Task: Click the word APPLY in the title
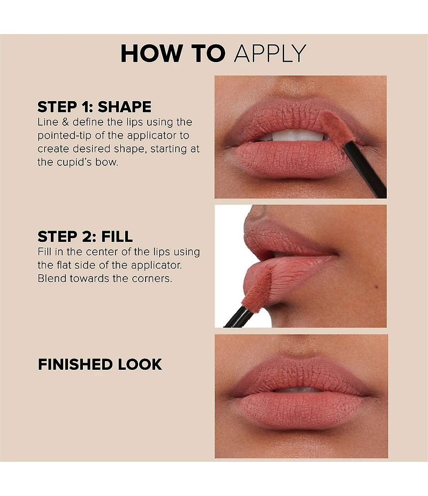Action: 270,54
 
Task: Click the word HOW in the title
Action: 152,54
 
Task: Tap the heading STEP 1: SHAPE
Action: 94,106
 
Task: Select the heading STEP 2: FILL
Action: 85,236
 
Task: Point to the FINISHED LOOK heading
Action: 100,364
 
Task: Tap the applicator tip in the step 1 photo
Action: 335,126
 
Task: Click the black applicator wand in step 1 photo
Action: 365,169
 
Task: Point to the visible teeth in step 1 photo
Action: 294,135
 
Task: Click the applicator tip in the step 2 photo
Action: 257,289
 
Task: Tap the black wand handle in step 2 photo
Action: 239,318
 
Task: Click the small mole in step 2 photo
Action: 377,287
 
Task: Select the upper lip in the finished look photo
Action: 301,374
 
